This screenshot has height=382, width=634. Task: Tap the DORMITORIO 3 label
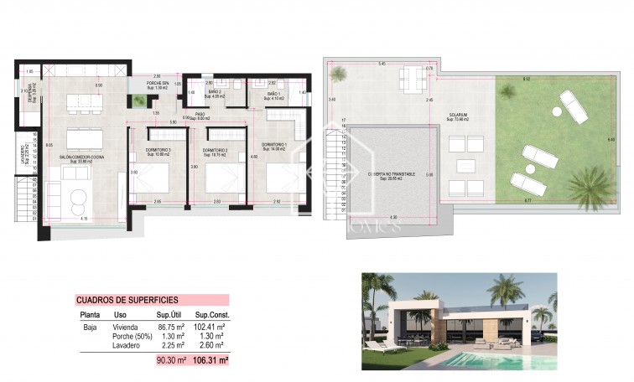pos(153,150)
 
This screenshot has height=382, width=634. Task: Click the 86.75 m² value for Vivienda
pos(172,327)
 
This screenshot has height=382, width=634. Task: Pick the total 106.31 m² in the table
pos(212,360)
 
